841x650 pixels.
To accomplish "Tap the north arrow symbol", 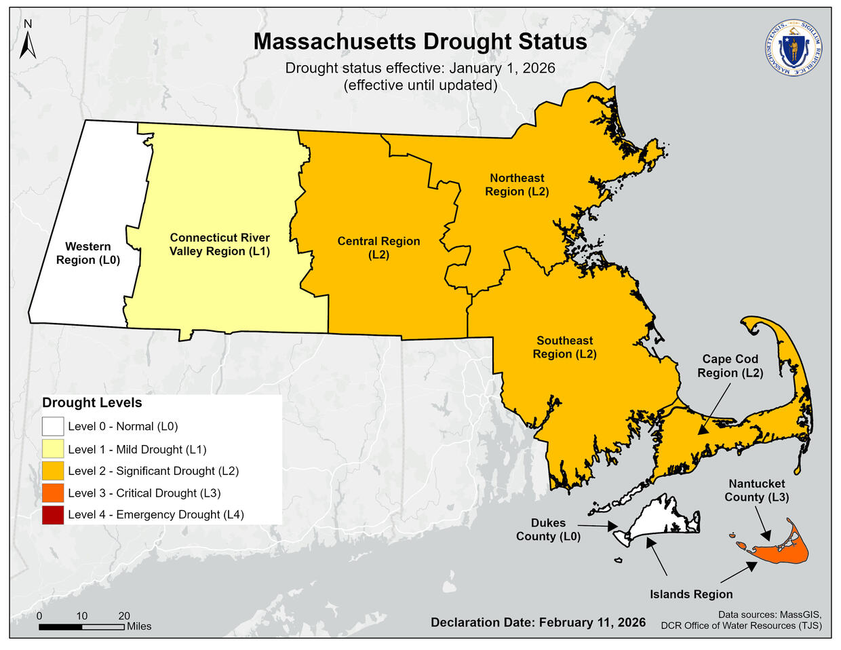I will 28,41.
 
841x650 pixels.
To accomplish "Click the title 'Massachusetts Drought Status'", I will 420,41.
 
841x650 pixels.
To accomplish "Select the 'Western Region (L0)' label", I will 88,253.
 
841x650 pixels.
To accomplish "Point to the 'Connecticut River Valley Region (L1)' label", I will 220,244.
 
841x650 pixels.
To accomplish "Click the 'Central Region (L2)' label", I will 378,248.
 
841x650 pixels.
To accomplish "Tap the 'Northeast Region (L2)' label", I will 517,185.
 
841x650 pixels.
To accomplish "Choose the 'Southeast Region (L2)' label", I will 564,347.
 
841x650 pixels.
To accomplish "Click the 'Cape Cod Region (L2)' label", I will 730,366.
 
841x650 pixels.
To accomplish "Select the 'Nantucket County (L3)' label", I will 756,490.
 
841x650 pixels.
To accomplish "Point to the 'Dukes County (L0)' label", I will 548,529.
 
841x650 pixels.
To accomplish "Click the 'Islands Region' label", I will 691,594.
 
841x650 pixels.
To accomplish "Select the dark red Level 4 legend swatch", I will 53,515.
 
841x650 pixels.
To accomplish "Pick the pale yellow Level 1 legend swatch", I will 53,449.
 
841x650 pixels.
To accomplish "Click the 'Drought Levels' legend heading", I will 92,402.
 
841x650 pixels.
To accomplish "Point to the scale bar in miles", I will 81,626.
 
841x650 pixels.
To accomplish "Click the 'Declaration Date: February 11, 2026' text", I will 538,622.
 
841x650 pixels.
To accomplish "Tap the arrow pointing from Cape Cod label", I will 713,408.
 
